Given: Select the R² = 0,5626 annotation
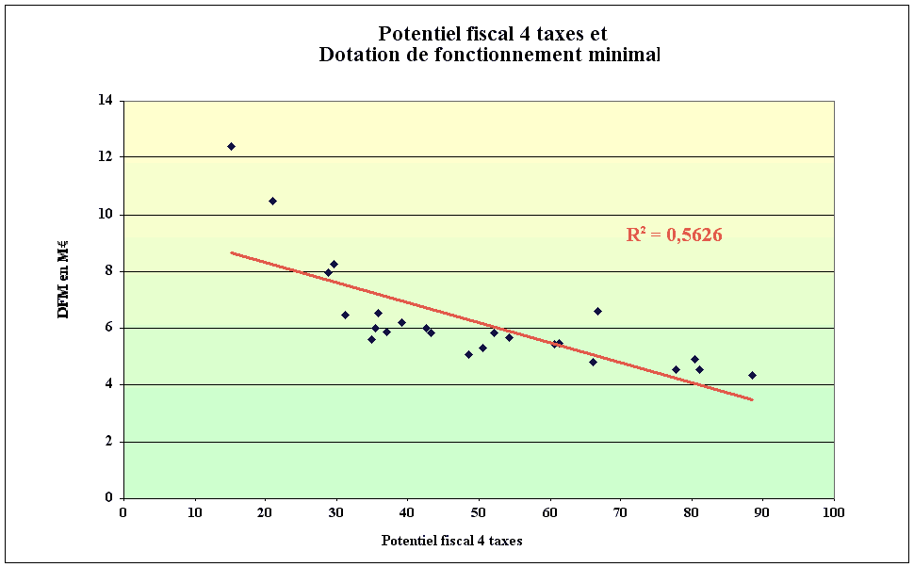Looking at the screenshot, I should [674, 235].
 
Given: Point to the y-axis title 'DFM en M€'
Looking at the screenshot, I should [64, 278].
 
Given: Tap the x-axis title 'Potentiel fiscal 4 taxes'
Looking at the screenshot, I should [451, 541].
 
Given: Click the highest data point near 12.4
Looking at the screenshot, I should [231, 146].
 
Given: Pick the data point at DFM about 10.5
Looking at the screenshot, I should [272, 201].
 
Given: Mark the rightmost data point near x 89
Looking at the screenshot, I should [752, 375].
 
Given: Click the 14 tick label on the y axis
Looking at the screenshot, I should [106, 101].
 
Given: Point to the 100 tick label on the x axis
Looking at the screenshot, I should [832, 513].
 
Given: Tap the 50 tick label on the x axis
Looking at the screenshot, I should [478, 513].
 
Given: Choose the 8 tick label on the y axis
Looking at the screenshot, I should [109, 271].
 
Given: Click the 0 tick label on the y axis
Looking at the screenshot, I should [109, 498].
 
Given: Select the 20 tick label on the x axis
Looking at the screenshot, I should [265, 513].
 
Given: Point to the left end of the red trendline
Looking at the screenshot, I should [232, 252].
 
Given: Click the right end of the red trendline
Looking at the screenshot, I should [752, 400].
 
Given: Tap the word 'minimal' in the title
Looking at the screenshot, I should [621, 55].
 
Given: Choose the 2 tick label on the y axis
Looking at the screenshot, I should [109, 442].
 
